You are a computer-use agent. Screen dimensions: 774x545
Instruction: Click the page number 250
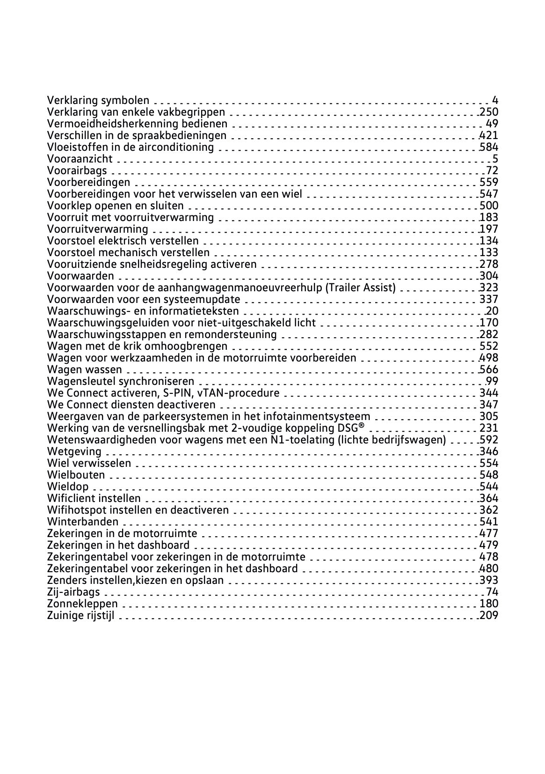[489, 112]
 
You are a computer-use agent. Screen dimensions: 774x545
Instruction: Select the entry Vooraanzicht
[80, 159]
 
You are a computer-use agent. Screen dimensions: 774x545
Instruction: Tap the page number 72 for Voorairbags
[492, 170]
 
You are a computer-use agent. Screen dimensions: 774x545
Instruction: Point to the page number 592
[489, 440]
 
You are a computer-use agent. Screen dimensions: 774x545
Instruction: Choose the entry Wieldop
[68, 487]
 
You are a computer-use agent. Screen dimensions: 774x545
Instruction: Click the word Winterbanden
[83, 522]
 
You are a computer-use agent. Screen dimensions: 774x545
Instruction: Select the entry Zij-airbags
[73, 592]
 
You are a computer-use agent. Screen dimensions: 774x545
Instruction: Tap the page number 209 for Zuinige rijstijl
[489, 615]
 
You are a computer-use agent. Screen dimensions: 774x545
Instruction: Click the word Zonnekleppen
[82, 604]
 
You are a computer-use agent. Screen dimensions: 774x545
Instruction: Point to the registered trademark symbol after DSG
[361, 426]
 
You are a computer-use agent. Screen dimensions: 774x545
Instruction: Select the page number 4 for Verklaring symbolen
[495, 100]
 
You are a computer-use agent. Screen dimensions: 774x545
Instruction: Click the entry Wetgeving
[74, 451]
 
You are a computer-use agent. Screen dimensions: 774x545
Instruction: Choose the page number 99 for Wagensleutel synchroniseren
[492, 381]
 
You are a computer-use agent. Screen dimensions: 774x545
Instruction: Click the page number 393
[489, 580]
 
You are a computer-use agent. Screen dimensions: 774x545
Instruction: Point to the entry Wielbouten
[76, 475]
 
